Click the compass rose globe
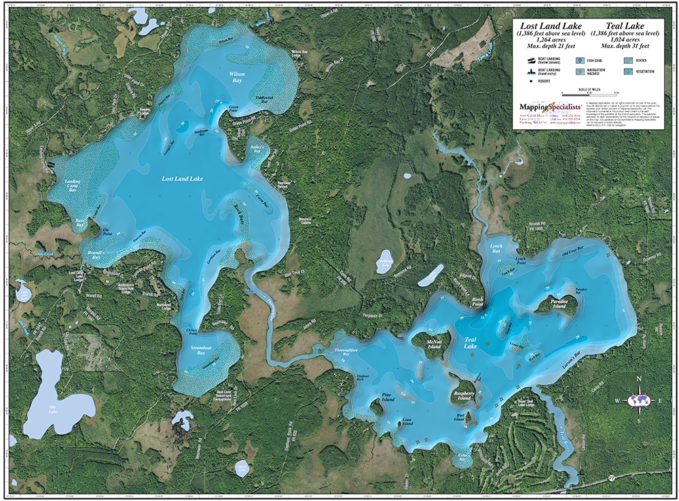638,400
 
